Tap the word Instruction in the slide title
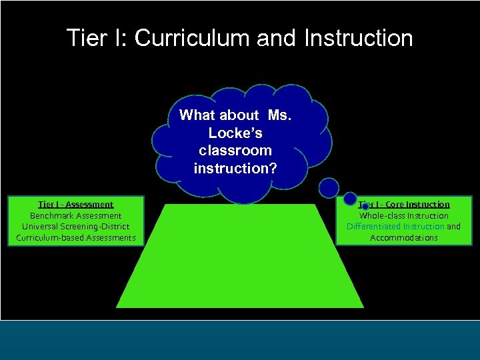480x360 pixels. [358, 38]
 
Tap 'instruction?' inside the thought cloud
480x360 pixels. [235, 169]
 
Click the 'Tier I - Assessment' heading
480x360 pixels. [75, 205]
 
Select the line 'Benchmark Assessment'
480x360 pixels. [75, 215]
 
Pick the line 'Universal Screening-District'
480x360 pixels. [75, 227]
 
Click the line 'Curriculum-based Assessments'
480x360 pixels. [75, 237]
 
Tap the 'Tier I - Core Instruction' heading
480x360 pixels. [404, 205]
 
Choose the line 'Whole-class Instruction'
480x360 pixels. [404, 215]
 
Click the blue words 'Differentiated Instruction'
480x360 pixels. [395, 227]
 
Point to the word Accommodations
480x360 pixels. [404, 237]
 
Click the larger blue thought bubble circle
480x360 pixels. [328, 187]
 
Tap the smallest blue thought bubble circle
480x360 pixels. [365, 207]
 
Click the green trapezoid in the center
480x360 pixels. [240, 260]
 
